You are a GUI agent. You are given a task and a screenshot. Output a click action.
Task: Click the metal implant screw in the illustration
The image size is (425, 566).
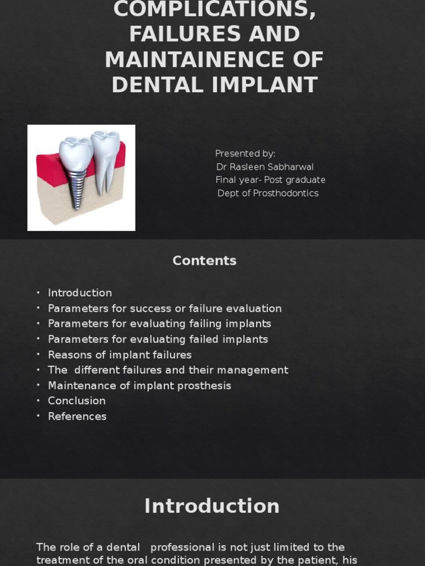[x=76, y=185]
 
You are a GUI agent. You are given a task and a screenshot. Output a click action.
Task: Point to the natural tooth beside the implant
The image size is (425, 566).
[x=105, y=160]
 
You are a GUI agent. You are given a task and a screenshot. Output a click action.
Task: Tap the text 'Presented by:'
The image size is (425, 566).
[x=245, y=154]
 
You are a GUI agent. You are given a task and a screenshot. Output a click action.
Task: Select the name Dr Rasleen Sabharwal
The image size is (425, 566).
[x=265, y=167]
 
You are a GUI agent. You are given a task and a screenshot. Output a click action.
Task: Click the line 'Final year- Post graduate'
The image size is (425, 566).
[x=270, y=180]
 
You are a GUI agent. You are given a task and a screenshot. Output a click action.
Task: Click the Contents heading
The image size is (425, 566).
[x=204, y=261]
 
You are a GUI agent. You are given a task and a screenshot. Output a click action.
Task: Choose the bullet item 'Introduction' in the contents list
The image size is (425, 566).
[x=80, y=293]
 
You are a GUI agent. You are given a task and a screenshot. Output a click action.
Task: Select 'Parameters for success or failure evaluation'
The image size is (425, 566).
[x=164, y=308]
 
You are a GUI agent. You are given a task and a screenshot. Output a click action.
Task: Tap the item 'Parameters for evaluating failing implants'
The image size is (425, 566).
[x=159, y=324]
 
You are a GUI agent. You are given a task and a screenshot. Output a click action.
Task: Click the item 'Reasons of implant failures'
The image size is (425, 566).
[x=120, y=355]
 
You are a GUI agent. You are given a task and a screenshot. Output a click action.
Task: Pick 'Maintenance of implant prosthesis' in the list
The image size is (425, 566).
[x=139, y=386]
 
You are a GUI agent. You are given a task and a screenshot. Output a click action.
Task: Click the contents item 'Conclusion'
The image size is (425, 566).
[x=76, y=401]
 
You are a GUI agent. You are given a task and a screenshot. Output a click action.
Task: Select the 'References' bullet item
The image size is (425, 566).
[x=77, y=416]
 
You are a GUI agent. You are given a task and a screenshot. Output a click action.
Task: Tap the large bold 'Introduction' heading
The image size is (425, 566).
[x=212, y=506]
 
